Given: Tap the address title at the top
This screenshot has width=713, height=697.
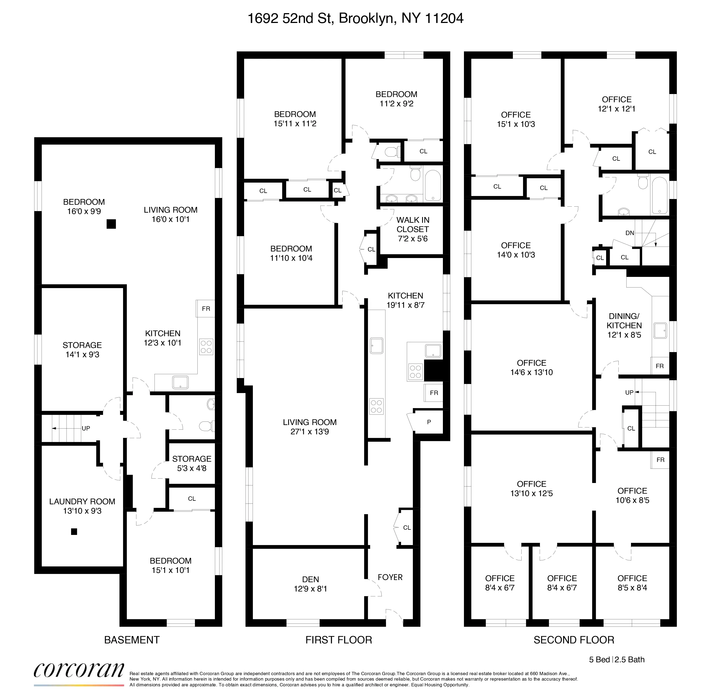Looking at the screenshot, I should click(355, 18).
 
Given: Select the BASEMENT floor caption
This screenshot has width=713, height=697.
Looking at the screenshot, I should click(132, 640).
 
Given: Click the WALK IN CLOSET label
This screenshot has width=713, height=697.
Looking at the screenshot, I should click(413, 229).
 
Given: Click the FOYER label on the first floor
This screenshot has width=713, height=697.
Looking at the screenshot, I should click(390, 577).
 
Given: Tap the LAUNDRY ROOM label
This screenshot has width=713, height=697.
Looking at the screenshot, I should click(82, 506).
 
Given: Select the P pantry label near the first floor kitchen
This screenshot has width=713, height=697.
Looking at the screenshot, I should click(429, 422).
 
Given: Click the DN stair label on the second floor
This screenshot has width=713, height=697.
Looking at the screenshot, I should click(630, 233).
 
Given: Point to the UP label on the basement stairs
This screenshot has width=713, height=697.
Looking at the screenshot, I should click(86, 428).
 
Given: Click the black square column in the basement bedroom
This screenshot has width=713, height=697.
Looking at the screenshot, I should click(111, 224).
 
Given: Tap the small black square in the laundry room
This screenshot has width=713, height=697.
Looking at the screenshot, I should click(74, 532).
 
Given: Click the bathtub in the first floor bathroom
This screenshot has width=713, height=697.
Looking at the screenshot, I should click(433, 185).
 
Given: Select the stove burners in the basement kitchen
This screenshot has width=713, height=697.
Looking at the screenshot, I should click(206, 347).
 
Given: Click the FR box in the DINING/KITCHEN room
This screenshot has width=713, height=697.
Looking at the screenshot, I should click(659, 366).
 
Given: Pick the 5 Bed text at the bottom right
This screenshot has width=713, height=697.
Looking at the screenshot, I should click(599, 659).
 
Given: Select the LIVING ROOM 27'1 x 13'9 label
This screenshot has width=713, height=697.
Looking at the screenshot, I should click(309, 426).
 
